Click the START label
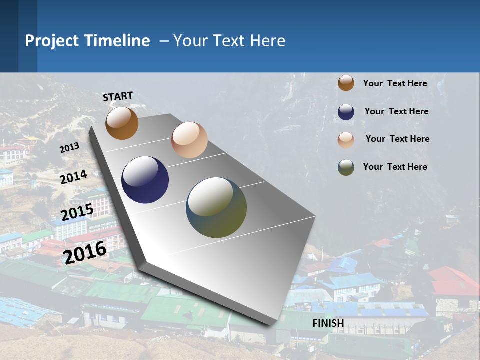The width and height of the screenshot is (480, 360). coord(118,96)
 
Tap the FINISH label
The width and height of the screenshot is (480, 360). coord(328,323)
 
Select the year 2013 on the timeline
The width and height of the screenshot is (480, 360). coord(70,148)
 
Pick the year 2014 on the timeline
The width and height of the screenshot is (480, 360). coord(74,177)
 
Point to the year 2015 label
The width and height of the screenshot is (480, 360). coord(77,212)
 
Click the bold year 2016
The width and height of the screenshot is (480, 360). coord(85,252)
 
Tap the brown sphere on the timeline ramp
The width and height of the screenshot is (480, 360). coord(122,123)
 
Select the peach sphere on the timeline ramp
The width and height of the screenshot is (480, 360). coord(189,140)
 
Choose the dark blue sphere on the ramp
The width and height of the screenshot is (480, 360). coord(145,180)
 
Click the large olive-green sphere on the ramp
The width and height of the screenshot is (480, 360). coord(216,207)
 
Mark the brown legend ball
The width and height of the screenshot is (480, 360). coord(346,83)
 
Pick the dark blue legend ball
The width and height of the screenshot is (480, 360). coord(346,112)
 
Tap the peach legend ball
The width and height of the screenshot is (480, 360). coord(346,140)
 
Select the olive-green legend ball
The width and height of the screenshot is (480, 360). coord(346,167)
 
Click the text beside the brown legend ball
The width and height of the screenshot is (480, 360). coord(395,83)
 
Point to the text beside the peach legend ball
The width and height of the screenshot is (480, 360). coord(397,139)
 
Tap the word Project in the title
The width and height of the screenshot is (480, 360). coord(51,41)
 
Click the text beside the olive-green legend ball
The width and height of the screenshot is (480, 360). coord(395,167)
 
